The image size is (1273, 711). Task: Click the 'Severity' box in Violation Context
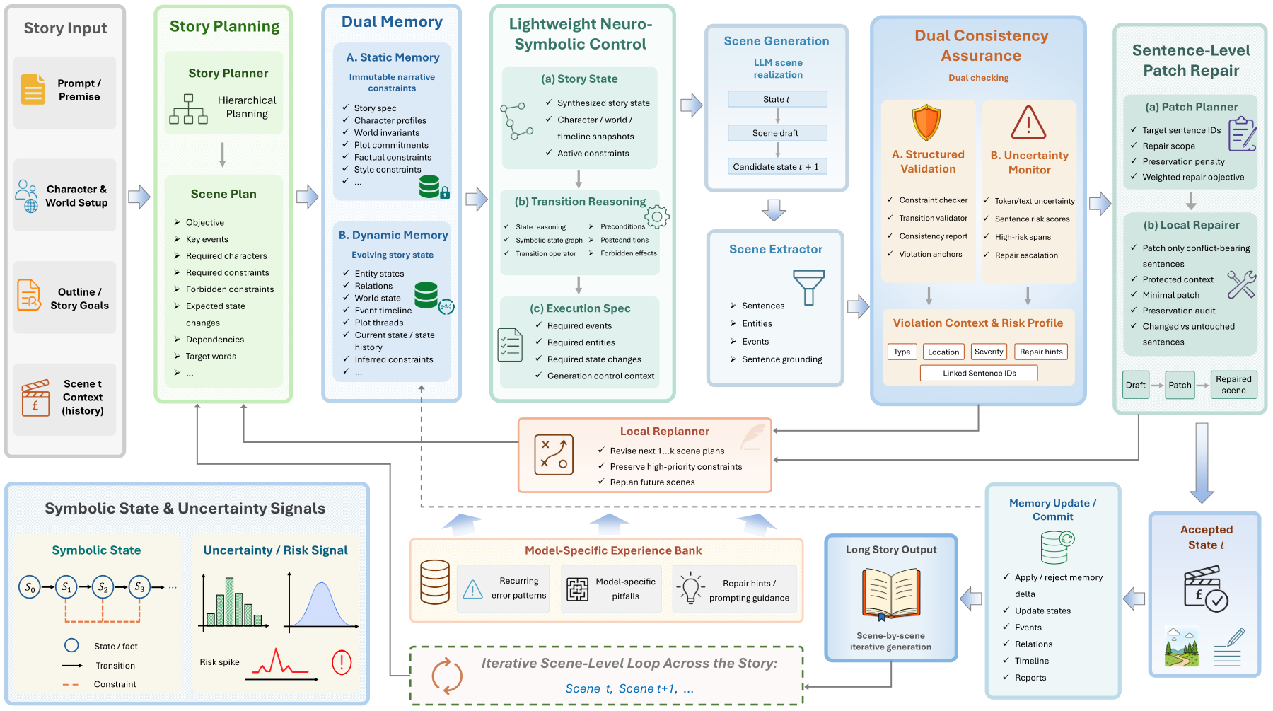[989, 352]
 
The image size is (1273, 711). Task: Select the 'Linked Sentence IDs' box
[979, 373]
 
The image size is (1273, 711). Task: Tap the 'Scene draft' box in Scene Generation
[777, 133]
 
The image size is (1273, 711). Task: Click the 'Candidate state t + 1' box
[777, 167]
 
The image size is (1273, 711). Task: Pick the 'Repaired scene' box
[1233, 385]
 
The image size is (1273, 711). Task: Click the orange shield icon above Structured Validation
[926, 123]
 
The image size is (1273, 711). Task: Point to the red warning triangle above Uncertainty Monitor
[1028, 122]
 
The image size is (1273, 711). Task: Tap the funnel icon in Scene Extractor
[809, 287]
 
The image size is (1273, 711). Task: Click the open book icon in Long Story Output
[891, 593]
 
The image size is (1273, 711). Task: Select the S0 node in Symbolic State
[30, 587]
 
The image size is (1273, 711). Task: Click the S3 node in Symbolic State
[139, 587]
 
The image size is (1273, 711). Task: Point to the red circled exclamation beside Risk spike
[342, 662]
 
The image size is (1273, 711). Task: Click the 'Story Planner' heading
[228, 73]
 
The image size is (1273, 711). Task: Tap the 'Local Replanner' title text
[665, 432]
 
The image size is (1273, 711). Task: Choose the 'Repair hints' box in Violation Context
[1041, 352]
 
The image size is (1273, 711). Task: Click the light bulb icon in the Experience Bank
[690, 588]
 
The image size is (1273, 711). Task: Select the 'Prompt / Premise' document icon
[33, 89]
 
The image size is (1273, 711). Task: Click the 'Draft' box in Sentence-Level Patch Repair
[1136, 385]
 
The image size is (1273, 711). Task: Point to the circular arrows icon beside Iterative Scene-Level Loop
[447, 676]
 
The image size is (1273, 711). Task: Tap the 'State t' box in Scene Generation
[777, 99]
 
